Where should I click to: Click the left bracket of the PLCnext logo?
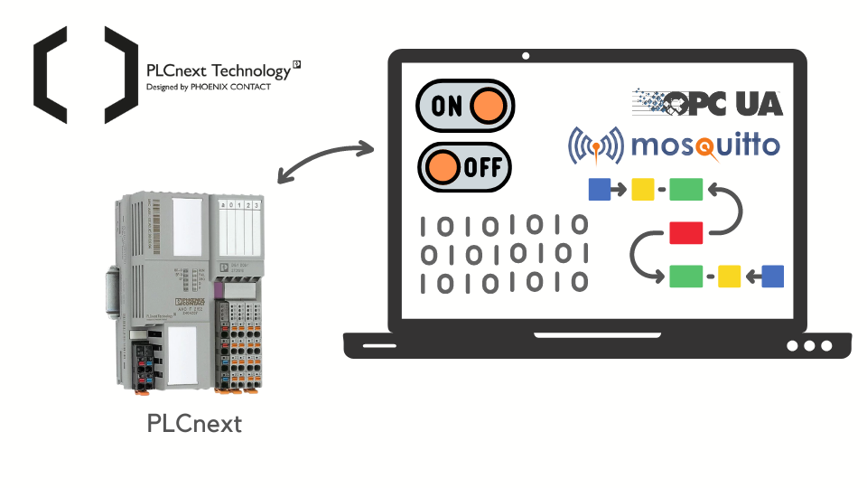pos(50,74)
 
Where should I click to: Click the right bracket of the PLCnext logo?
pos(120,74)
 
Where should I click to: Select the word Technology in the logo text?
pos(250,70)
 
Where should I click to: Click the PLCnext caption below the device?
pos(194,423)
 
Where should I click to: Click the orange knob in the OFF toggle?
pos(443,167)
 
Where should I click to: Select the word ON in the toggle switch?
pos(446,106)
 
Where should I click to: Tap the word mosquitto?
pos(704,145)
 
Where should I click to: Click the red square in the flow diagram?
pos(685,232)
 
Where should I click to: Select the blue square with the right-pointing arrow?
pos(599,189)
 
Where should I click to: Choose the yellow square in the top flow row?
pos(642,189)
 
